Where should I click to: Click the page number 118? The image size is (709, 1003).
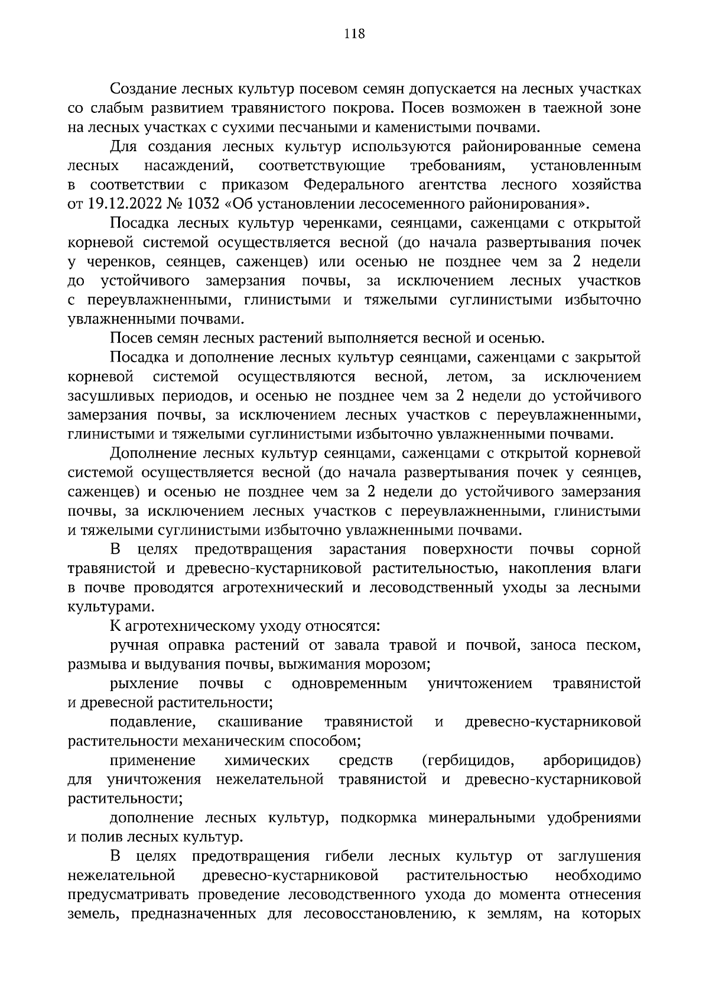pos(354,34)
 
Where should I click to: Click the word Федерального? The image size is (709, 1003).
pos(354,185)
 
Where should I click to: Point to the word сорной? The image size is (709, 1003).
pos(616,549)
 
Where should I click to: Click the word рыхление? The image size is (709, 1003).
pos(144,684)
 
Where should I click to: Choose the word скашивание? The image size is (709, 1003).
pos(260,722)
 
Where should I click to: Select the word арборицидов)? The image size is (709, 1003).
pos(592,760)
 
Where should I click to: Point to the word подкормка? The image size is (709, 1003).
pos(379,818)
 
